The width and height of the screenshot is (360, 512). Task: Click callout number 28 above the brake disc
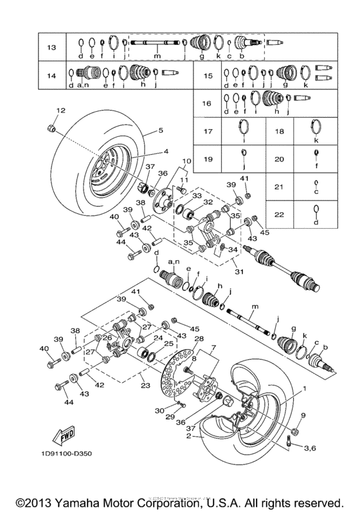pyautogui.click(x=199, y=338)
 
